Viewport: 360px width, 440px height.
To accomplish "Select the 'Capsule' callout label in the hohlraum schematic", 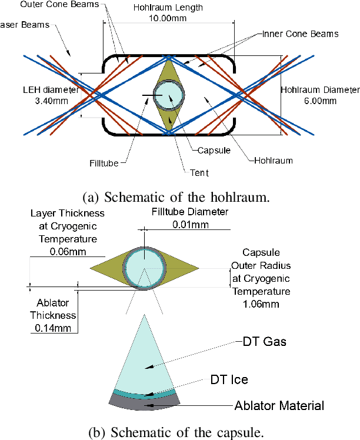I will pos(208,150).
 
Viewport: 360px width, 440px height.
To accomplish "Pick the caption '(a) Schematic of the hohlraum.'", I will pos(179,196).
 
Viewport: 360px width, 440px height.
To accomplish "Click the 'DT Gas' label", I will pos(264,341).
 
